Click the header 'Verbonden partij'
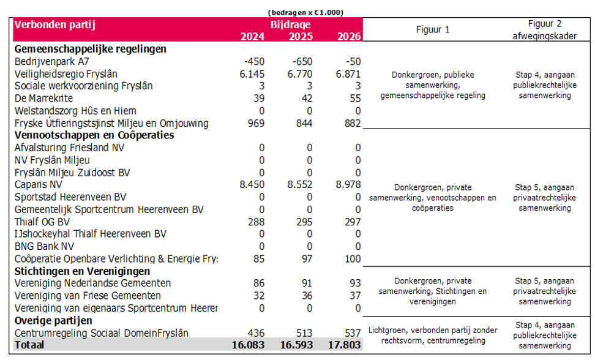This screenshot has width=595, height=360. click(54, 24)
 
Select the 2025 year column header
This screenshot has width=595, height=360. click(301, 36)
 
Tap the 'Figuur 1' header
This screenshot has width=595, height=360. click(433, 29)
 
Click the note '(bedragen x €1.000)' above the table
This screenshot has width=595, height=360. click(305, 12)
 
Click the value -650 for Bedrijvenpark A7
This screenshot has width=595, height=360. click(302, 61)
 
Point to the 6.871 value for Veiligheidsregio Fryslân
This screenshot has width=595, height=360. click(348, 74)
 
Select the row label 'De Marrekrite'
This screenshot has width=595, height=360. click(43, 98)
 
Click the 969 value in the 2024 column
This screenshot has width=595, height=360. click(256, 123)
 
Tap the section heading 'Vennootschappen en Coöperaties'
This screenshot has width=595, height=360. click(94, 135)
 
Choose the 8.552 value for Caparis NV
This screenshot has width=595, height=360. click(300, 185)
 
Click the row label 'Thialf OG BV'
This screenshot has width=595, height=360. click(42, 222)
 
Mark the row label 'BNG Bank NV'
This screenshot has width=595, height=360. click(45, 246)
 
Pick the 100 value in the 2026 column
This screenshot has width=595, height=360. click(353, 259)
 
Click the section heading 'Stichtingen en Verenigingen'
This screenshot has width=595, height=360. click(82, 271)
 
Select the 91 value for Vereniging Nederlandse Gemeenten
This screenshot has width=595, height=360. click(307, 283)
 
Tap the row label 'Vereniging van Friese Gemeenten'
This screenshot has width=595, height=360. click(88, 296)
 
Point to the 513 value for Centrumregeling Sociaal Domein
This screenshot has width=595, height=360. click(304, 333)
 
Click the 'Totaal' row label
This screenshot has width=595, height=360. click(29, 345)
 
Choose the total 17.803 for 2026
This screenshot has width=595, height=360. click(344, 345)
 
